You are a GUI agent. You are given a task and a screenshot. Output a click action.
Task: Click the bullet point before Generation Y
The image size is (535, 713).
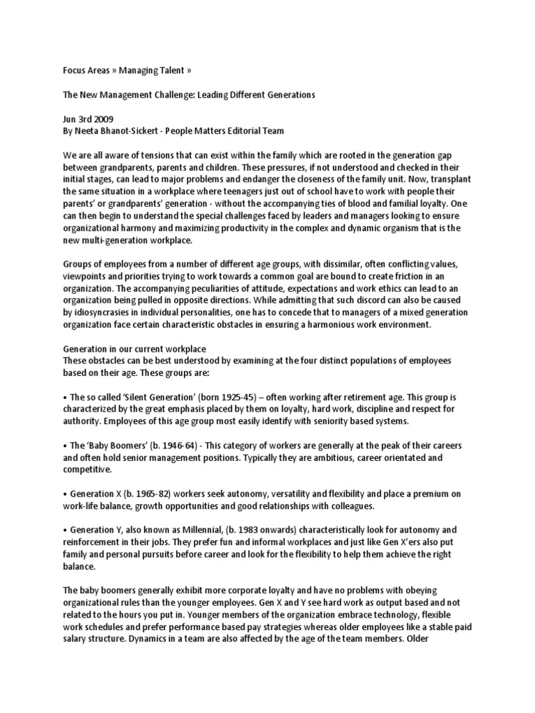65,530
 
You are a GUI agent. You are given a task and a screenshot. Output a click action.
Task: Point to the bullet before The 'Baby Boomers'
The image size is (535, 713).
65,445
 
